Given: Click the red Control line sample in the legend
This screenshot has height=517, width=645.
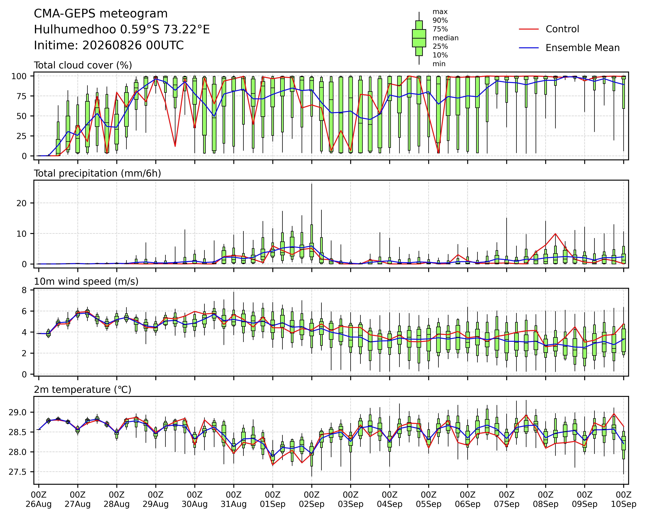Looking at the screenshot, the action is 529,29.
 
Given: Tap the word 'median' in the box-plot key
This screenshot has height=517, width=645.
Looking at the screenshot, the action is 445,38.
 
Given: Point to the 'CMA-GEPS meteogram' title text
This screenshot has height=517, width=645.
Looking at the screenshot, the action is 101,14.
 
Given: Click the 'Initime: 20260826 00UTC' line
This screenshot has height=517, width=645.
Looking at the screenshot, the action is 109,45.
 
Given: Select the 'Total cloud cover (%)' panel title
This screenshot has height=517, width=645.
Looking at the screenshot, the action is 83,65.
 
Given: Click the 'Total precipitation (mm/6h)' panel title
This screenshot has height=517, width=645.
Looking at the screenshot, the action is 98,173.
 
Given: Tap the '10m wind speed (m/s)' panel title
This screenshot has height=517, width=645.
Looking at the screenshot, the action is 86,282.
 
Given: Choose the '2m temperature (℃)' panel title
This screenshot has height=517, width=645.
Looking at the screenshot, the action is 83,390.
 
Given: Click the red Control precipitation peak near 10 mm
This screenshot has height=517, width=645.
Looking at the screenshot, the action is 555,233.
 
